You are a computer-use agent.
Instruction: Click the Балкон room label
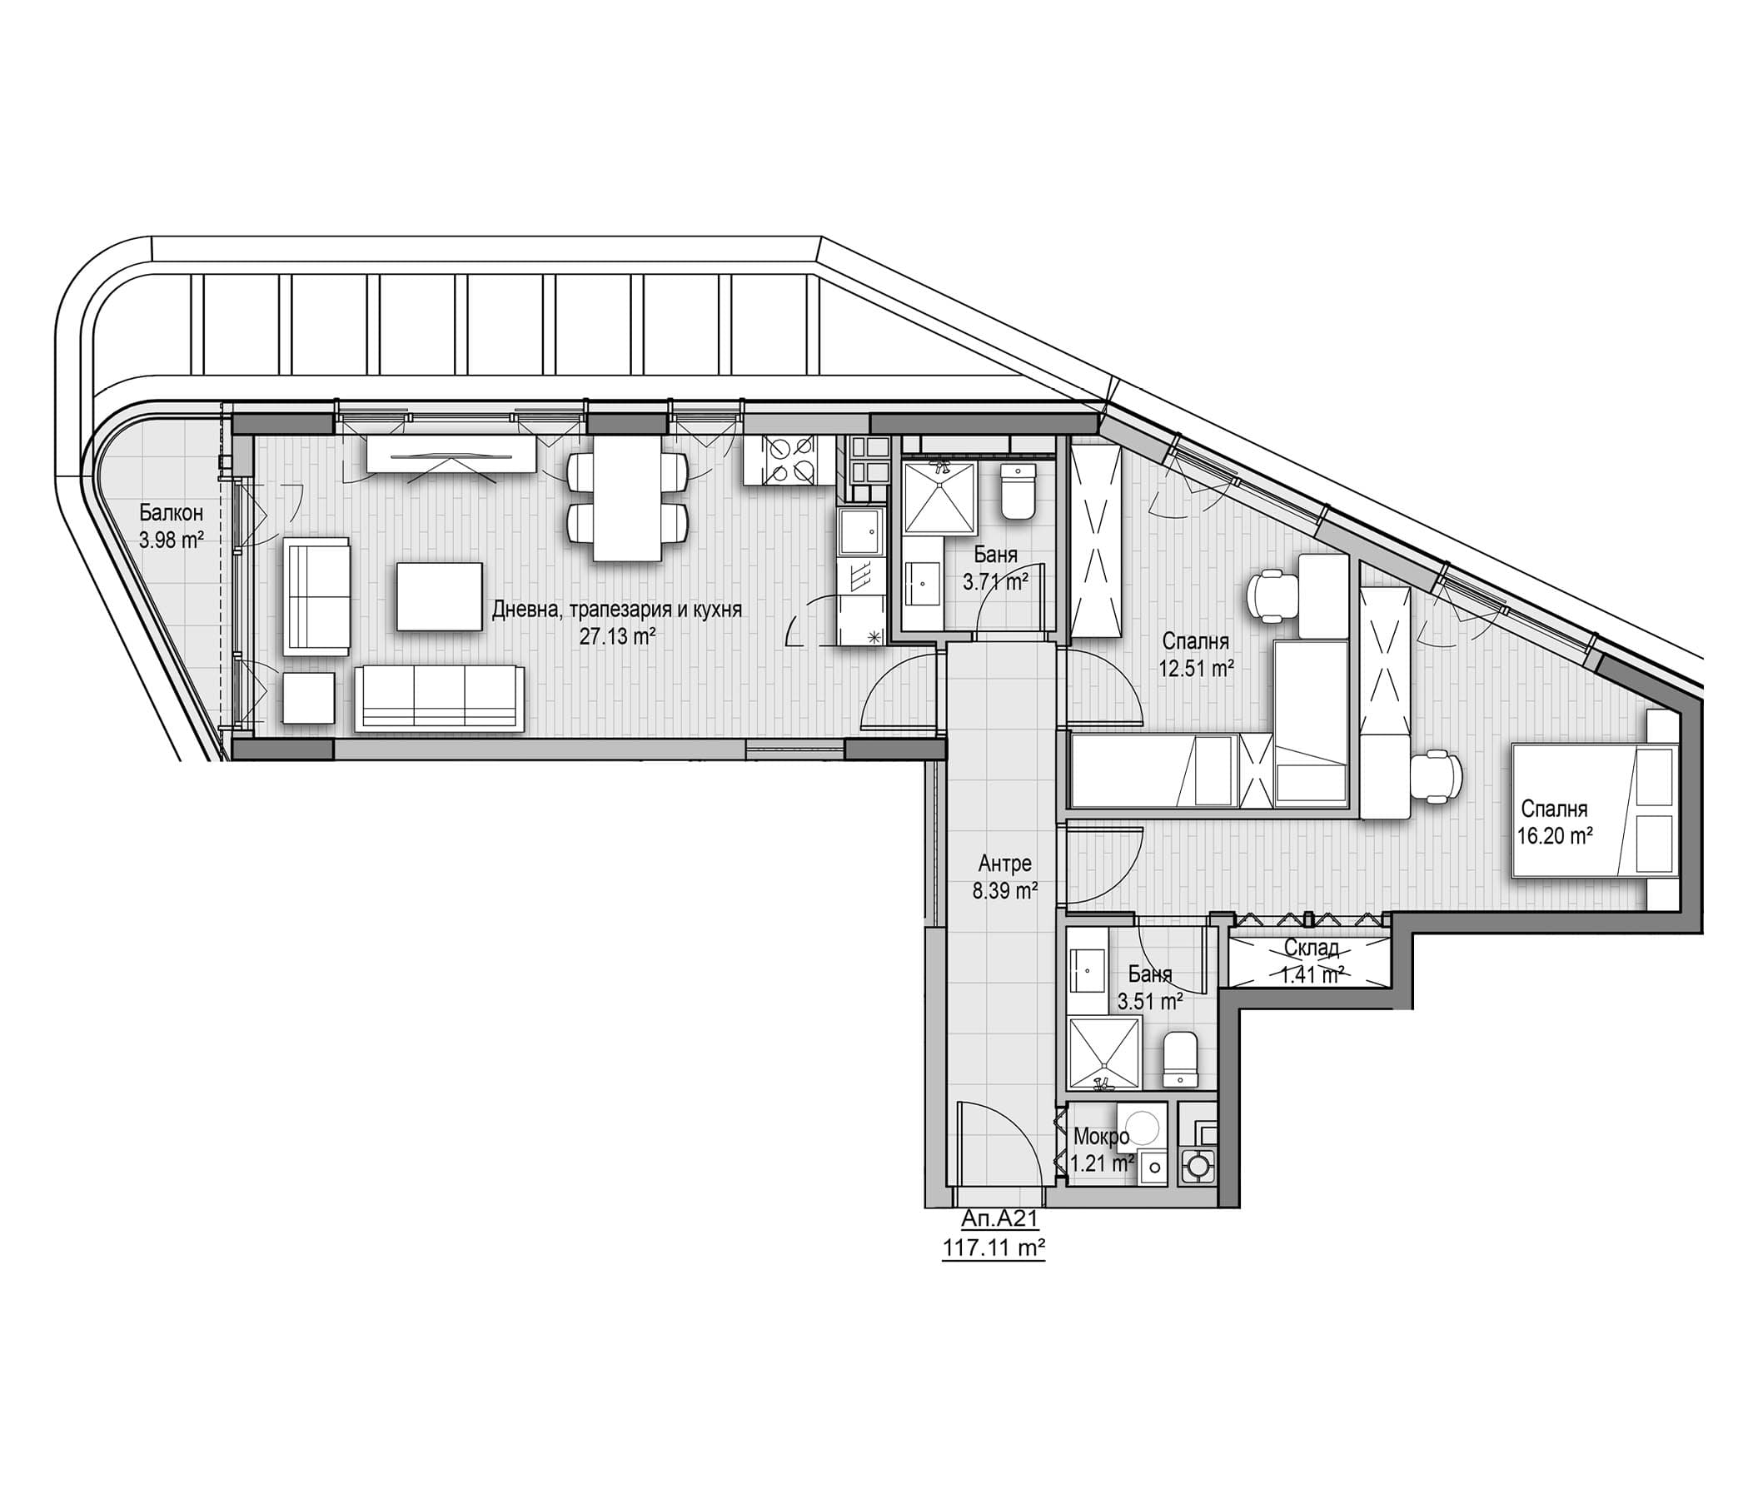(172, 512)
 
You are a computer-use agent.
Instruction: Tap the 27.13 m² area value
(618, 637)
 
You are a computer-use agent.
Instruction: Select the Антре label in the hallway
(1005, 863)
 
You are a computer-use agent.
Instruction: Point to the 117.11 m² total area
(994, 1248)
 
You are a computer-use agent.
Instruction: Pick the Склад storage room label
(1312, 949)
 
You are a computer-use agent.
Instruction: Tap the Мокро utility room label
(1101, 1136)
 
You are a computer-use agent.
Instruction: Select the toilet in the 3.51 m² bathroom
(1179, 1058)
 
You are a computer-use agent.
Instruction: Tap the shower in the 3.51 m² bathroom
(1104, 1052)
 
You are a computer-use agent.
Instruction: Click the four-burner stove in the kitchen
(780, 460)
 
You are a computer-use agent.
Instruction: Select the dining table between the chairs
(627, 498)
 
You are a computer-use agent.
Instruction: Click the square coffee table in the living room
(440, 597)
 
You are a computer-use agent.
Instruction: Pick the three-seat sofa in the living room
(439, 698)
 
